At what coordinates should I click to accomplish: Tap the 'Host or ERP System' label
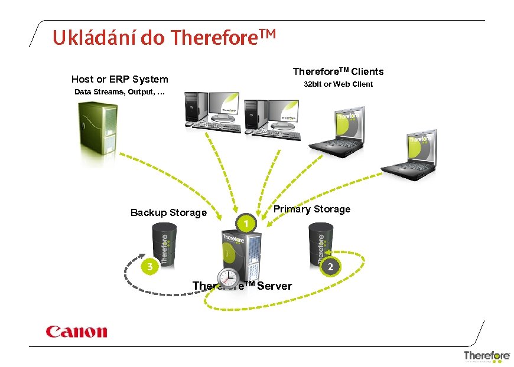pos(119,79)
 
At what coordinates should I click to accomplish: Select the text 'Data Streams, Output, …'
pos(119,92)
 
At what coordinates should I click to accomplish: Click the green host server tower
pos(96,128)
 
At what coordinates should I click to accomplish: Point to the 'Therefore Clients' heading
pos(338,71)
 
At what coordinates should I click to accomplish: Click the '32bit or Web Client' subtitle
pos(338,84)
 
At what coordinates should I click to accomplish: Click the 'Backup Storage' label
pos(168,212)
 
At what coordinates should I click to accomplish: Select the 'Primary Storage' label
pos(311,209)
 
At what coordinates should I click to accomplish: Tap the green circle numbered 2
pos(330,267)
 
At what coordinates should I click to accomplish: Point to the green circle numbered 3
pos(150,267)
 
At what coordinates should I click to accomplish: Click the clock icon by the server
pos(227,278)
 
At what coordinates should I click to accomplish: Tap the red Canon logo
pos(77,332)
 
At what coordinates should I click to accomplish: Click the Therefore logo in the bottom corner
pos(486,356)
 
